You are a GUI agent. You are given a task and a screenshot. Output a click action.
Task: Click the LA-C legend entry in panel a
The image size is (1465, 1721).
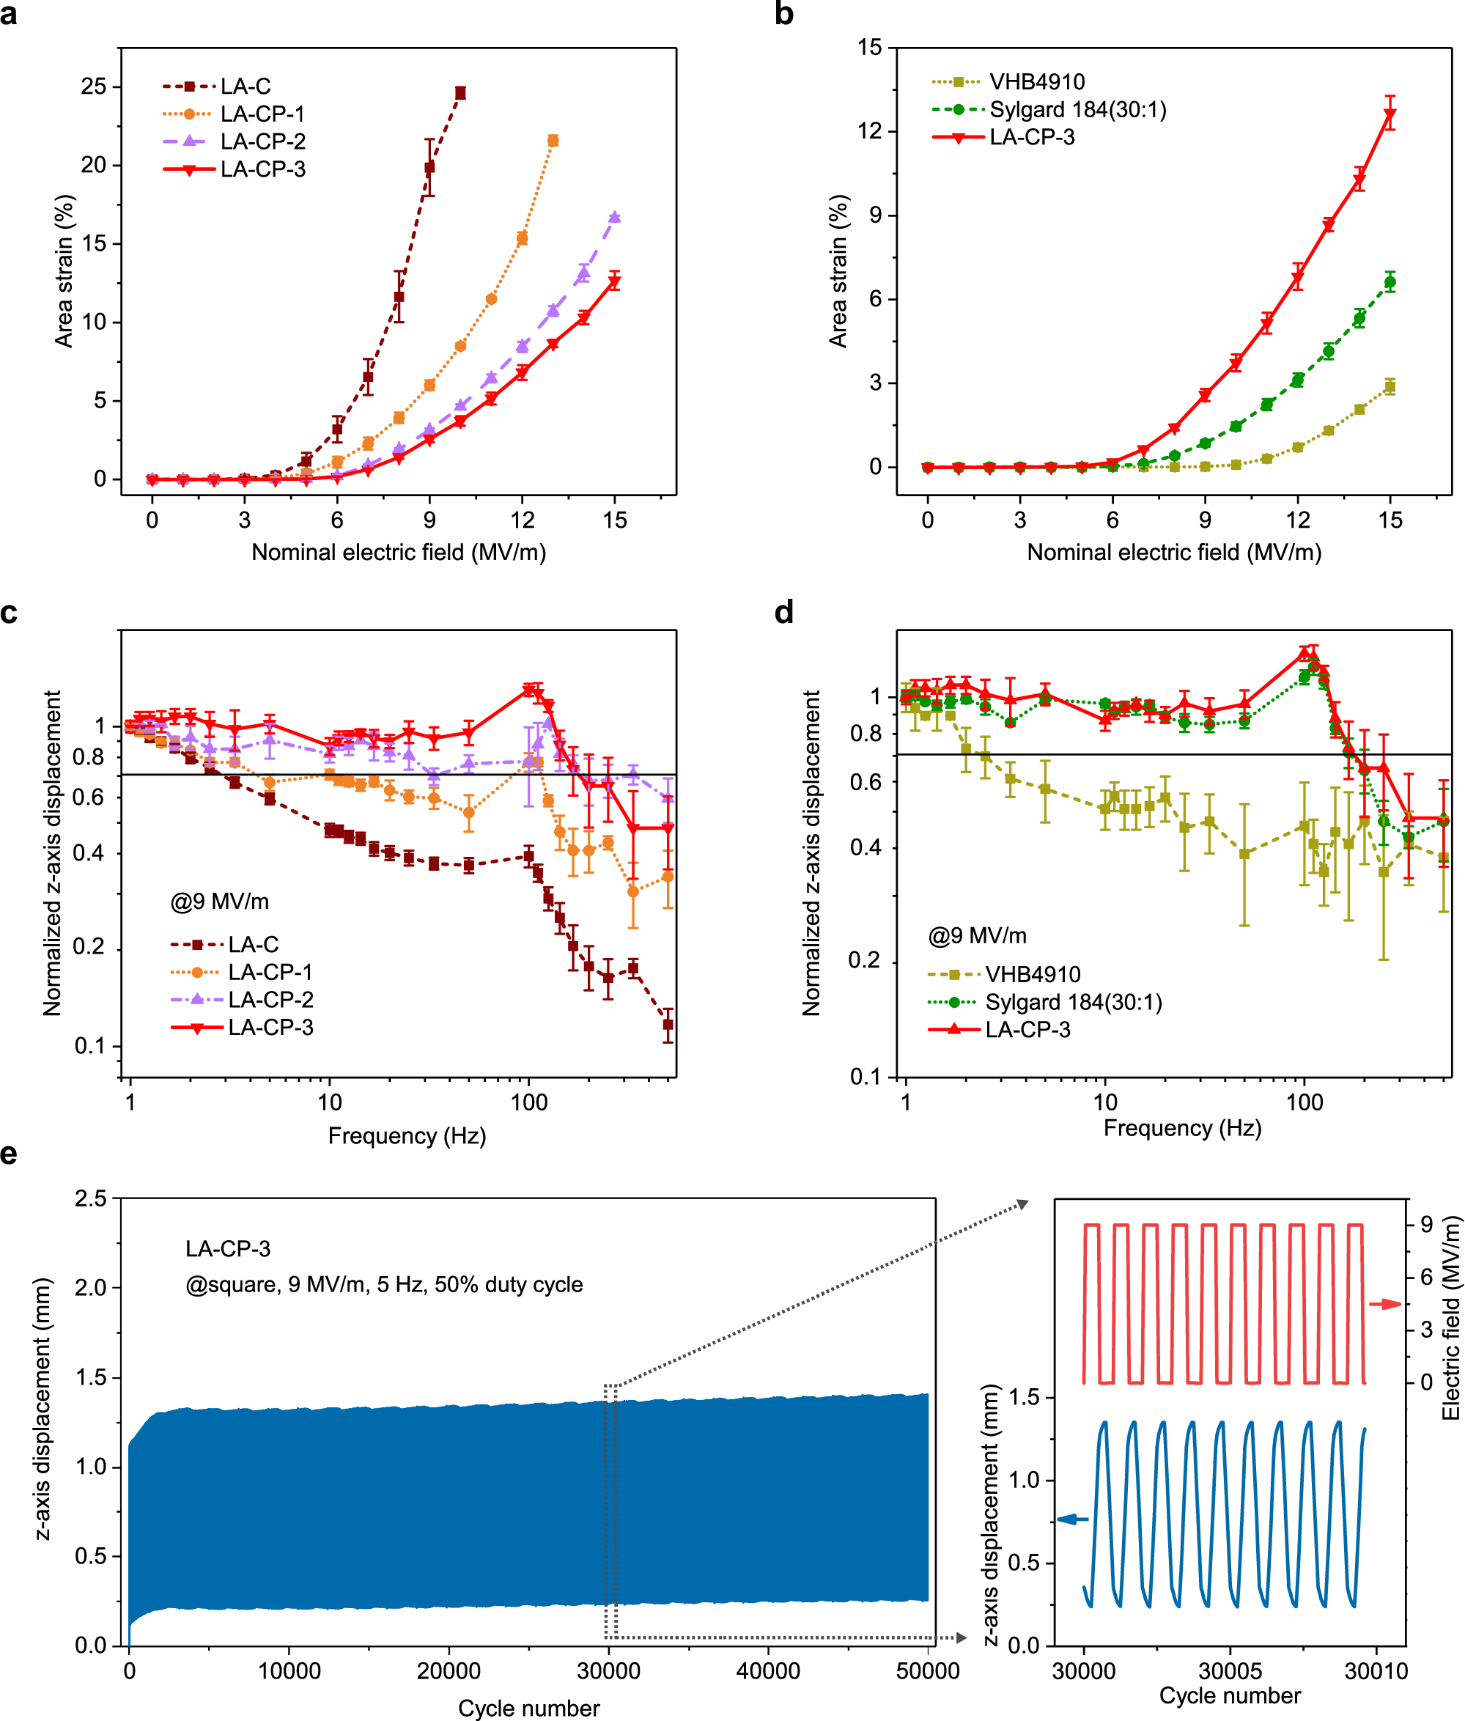[x=245, y=86]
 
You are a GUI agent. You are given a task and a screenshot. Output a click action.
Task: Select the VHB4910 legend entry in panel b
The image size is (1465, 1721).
[x=1036, y=82]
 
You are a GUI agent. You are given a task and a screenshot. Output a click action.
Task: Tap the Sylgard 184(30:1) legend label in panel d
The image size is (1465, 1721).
[x=1073, y=1003]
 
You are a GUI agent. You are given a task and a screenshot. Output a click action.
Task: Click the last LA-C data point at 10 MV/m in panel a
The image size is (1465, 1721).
[x=460, y=93]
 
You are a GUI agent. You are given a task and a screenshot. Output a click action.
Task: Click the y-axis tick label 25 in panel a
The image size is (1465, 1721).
[x=94, y=86]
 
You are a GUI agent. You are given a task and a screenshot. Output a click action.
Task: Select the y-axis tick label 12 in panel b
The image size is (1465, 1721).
[x=868, y=131]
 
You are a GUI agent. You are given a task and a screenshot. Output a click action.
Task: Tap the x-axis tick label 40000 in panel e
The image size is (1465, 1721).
[x=768, y=1671]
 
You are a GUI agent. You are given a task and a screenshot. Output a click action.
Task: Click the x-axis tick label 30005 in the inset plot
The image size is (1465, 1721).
[x=1230, y=1671]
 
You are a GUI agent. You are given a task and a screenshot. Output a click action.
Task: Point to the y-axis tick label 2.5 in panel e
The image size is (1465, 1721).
[x=92, y=1198]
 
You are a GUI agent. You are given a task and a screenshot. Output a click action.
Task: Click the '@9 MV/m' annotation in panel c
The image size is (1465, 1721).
[x=220, y=902]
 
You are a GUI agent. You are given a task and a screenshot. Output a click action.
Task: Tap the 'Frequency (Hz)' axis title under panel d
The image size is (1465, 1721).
[x=1182, y=1128]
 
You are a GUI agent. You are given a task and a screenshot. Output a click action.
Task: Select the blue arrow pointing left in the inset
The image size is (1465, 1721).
[x=1072, y=1520]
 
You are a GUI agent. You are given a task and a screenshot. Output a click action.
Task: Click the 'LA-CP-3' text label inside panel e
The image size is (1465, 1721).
[x=228, y=1249]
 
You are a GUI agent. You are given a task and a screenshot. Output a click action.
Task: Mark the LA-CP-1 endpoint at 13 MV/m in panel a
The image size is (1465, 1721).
[x=553, y=141]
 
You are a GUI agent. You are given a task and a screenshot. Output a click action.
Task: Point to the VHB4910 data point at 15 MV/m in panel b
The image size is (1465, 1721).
[x=1390, y=387]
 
